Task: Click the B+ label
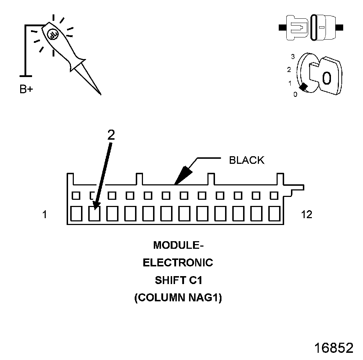(26, 89)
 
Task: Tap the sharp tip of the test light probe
(100, 94)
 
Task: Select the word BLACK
(247, 160)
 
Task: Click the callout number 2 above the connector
(111, 135)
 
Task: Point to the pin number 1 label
(44, 215)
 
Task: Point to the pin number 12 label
(306, 215)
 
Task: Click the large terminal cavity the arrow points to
(94, 213)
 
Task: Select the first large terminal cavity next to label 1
(76, 213)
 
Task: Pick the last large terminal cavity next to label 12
(274, 213)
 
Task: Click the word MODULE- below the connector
(178, 245)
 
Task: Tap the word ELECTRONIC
(178, 263)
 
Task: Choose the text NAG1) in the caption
(206, 298)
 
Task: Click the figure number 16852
(333, 348)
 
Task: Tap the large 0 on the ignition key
(326, 77)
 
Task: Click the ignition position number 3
(293, 57)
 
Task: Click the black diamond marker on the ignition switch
(304, 87)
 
